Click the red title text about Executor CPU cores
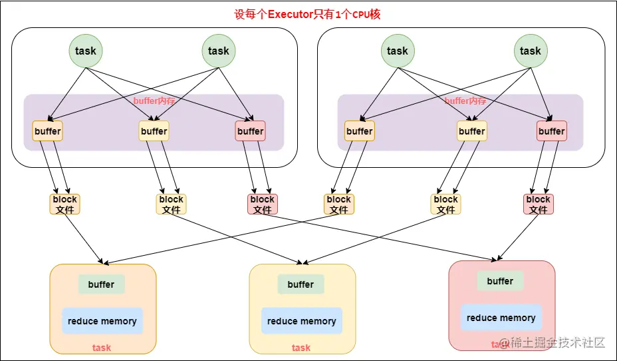coord(307,14)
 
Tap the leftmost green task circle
coord(85,51)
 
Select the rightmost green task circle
coord(530,51)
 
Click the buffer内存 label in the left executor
coord(154,101)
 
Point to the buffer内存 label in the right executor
coord(465,101)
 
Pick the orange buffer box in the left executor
coord(47,131)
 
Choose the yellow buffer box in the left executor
coord(154,131)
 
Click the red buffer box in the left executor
coord(250,131)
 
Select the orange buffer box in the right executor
coord(359,131)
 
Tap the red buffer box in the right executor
coord(551,131)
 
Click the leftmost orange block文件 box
coord(64,204)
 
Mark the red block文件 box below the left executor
coord(262,204)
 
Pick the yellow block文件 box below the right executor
coord(445,204)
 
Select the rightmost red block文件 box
coord(538,204)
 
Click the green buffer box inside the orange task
coord(101,284)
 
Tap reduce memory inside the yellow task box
coord(301,321)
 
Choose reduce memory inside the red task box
coord(501,318)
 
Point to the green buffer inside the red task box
coord(500,281)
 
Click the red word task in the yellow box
coord(301,348)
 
